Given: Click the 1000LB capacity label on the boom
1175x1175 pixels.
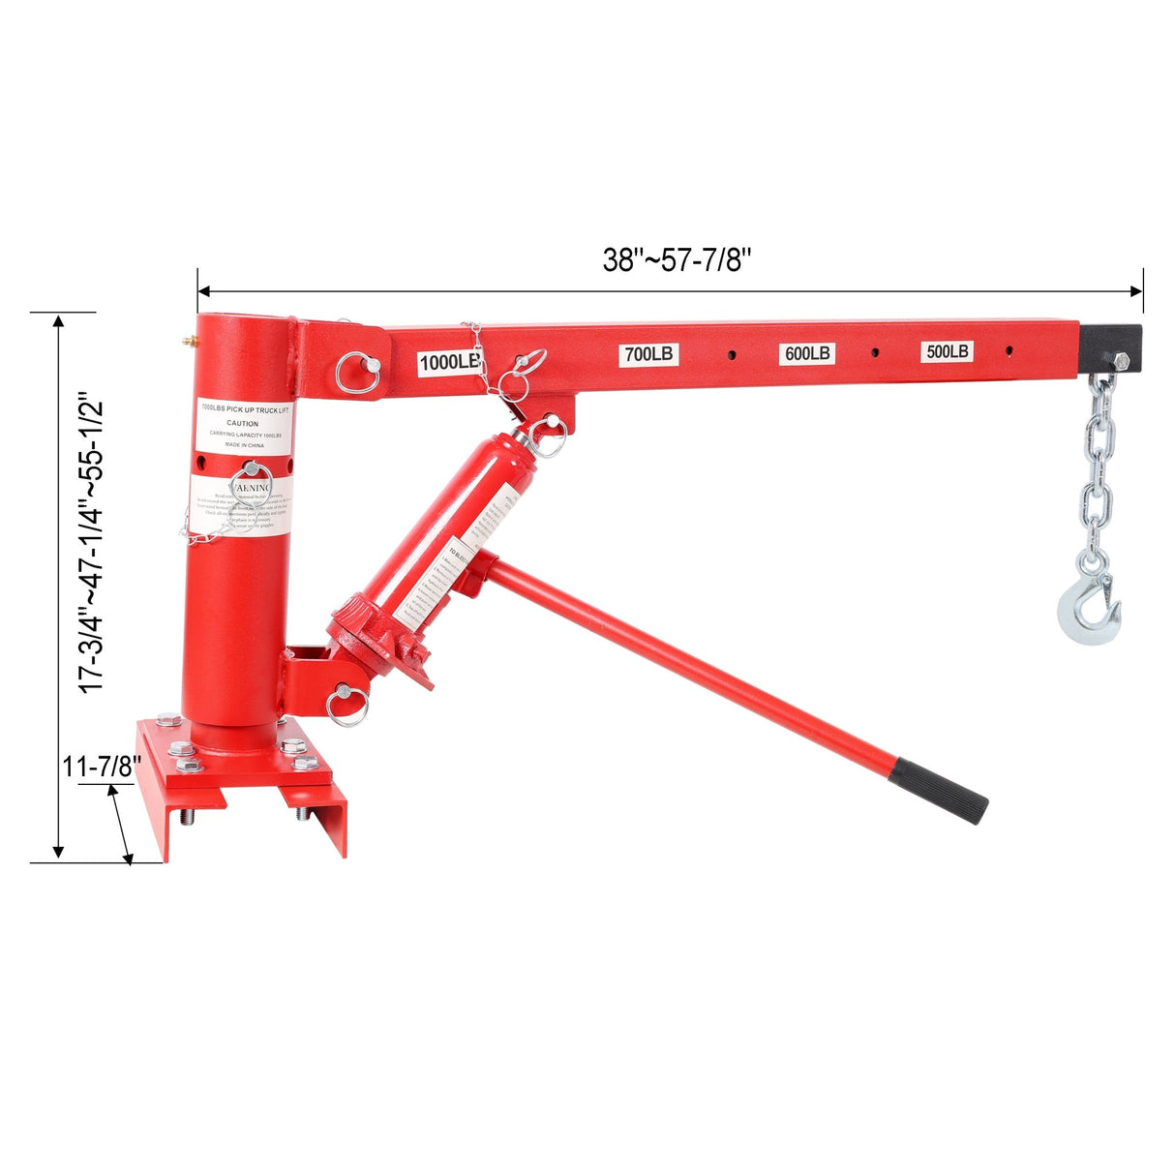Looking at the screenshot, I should click(448, 363).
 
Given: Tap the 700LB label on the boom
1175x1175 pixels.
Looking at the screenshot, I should click(648, 355).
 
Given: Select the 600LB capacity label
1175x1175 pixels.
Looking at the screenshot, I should click(807, 354).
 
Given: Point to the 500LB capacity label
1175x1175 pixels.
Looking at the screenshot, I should click(948, 352).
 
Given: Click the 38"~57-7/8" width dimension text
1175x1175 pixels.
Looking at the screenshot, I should click(678, 259).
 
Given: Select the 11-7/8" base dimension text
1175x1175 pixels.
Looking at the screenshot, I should click(103, 767).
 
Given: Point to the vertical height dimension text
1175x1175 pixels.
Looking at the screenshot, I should click(91, 542).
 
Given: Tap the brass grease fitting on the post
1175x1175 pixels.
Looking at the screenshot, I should click(185, 341).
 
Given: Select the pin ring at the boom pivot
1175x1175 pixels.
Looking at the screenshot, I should click(357, 373).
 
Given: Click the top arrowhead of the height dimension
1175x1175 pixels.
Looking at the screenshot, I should click(59, 321).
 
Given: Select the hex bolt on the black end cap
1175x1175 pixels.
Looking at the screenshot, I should click(1121, 361).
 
